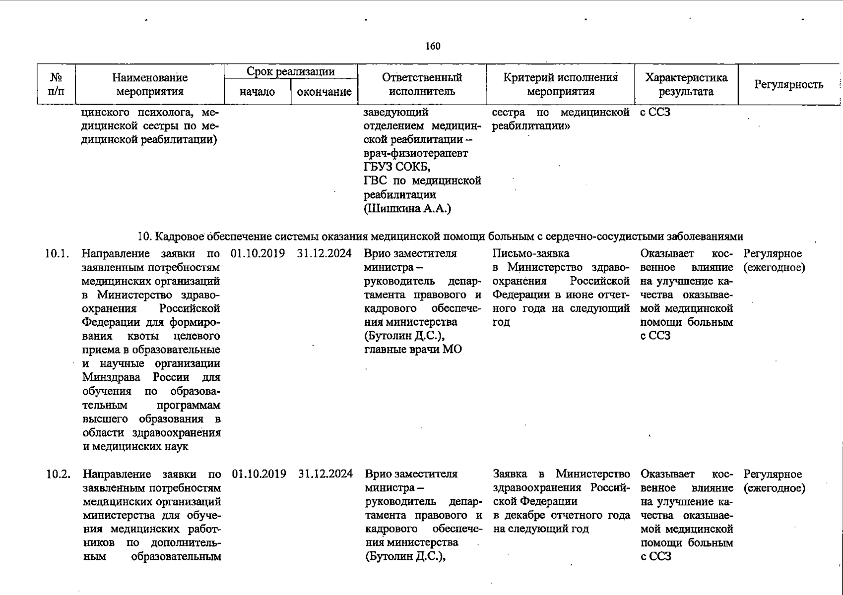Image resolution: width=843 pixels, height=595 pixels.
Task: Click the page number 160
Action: [433, 46]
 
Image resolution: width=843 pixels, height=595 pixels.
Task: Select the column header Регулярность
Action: [788, 85]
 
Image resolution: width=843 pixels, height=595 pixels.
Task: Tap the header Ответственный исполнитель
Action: [422, 84]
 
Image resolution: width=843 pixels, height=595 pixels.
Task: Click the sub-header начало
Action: [257, 92]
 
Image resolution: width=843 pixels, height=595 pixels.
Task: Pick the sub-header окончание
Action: [324, 92]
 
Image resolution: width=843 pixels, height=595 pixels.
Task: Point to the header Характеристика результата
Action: [686, 84]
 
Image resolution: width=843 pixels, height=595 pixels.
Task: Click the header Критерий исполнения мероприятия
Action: [560, 84]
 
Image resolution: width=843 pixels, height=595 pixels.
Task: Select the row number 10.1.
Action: [57, 254]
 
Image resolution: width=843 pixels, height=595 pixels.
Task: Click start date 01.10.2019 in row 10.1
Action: [258, 254]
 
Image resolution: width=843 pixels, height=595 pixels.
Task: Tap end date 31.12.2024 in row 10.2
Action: [325, 474]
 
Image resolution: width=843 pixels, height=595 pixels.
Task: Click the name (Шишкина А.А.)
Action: [407, 209]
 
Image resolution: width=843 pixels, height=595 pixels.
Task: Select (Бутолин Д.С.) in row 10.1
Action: [404, 336]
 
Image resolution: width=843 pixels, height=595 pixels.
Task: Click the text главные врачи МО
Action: [413, 350]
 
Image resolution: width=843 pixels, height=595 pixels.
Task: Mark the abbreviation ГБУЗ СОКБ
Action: [397, 167]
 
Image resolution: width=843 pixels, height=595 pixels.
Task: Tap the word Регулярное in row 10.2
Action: [773, 474]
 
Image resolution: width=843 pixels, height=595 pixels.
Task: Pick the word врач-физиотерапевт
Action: [416, 153]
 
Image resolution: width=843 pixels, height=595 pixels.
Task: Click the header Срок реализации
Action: [291, 72]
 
